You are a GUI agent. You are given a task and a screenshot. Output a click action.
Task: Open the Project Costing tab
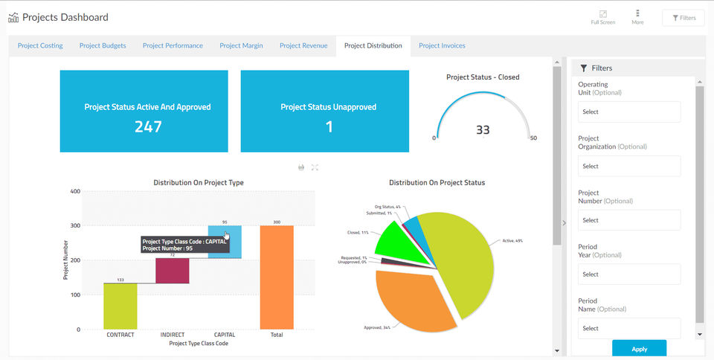40,45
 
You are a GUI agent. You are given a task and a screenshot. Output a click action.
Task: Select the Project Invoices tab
442,45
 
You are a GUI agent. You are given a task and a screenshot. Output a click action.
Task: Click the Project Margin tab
241,45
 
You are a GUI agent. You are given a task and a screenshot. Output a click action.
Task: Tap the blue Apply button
639,349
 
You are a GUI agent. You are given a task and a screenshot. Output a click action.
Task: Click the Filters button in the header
684,17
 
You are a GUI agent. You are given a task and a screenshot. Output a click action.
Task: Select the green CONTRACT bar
120,306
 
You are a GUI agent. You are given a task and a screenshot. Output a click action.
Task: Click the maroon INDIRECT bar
172,271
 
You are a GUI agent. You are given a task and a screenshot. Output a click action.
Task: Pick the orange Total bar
277,277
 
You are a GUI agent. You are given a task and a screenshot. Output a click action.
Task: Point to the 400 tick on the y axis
75,191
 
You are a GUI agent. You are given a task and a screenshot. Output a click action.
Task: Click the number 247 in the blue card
148,126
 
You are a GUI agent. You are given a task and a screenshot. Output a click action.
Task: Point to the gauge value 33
483,130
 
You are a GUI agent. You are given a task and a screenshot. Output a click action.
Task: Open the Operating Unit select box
629,112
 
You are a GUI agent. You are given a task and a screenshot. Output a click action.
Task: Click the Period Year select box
629,274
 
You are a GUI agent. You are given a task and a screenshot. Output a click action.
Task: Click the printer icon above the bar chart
301,167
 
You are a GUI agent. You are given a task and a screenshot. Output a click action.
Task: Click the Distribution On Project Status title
437,182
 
